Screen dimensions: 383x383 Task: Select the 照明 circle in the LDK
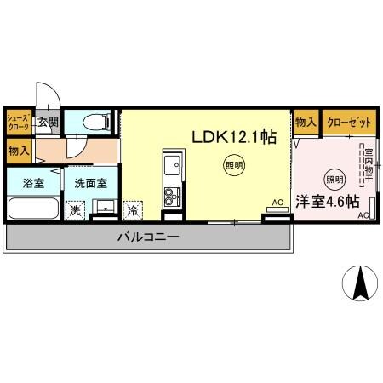click(x=232, y=165)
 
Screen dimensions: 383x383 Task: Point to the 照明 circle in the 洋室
click(x=334, y=179)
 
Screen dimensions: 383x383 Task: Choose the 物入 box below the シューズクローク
click(x=18, y=151)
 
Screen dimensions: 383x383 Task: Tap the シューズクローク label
click(x=19, y=121)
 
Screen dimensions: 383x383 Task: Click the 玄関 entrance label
click(x=47, y=122)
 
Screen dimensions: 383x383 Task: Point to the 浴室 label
click(x=33, y=182)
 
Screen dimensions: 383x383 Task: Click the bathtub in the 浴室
click(x=33, y=209)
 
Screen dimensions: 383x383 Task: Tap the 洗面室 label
click(x=90, y=182)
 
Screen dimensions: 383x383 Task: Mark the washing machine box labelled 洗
click(x=76, y=209)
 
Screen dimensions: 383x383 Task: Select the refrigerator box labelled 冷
click(x=134, y=209)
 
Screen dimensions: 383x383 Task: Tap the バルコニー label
click(x=149, y=237)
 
